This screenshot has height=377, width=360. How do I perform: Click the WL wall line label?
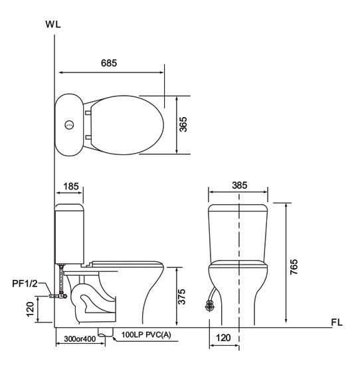53,25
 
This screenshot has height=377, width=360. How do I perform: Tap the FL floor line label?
337,322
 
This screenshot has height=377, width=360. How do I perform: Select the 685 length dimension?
109,63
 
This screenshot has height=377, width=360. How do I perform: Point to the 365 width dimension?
183,124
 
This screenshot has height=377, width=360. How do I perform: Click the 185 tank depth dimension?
71,186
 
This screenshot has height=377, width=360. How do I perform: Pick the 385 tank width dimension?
239,186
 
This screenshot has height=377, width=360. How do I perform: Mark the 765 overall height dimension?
294,267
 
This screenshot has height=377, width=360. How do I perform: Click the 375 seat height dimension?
182,297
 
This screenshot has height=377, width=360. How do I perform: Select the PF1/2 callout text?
25,284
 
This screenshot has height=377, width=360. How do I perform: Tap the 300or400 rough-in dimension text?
80,339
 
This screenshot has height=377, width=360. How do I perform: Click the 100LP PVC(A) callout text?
146,334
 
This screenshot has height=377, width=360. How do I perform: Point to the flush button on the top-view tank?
69,125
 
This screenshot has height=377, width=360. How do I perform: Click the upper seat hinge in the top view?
88,112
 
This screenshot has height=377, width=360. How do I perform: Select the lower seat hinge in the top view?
88,137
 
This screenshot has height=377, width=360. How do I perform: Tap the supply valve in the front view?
210,307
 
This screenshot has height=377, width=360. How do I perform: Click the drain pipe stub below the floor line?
106,332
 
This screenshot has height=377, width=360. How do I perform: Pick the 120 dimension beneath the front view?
223,338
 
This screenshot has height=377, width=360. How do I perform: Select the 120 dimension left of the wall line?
30,309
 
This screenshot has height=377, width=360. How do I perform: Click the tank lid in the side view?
69,207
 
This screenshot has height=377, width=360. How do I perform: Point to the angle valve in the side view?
58,296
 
